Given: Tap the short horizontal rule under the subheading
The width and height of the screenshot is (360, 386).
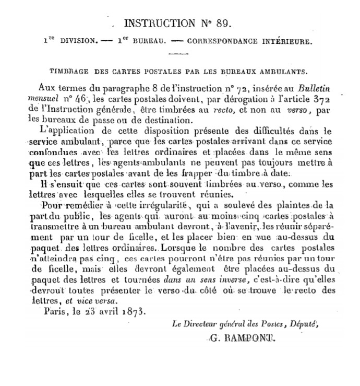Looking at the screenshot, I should point(179,53).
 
